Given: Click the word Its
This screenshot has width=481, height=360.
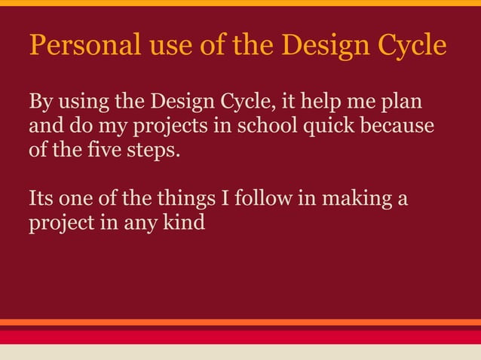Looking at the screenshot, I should tap(41, 199).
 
